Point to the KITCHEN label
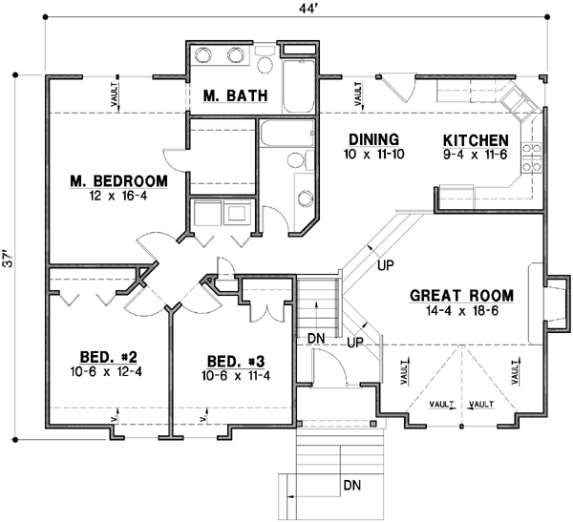(x=475, y=137)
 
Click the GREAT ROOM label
(x=463, y=294)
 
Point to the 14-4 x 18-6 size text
(x=463, y=310)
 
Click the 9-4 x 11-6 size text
(x=475, y=153)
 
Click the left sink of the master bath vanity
(x=205, y=56)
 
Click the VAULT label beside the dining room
(x=359, y=94)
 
